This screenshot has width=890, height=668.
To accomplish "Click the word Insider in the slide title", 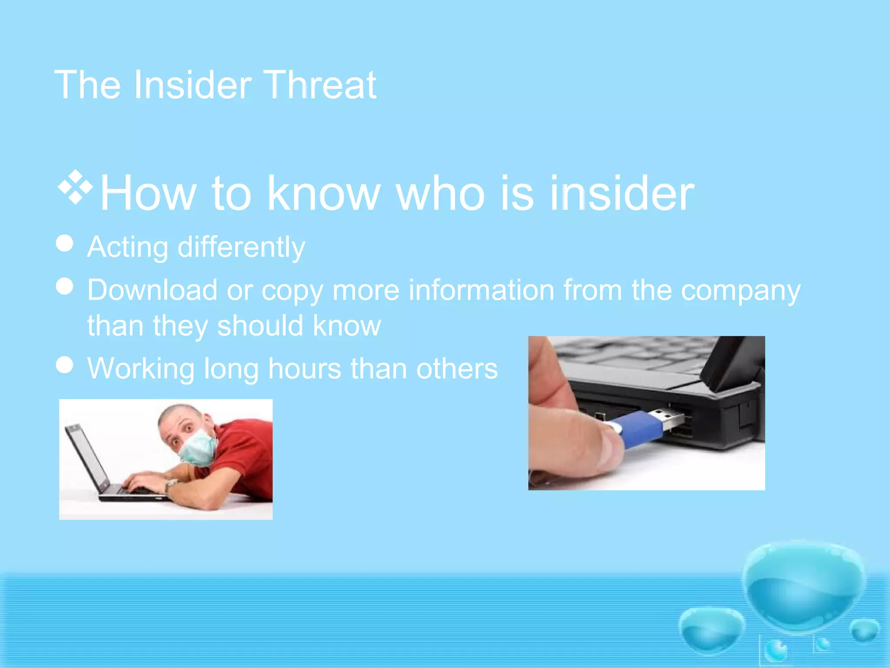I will [192, 85].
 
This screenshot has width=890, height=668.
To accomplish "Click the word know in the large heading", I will [324, 194].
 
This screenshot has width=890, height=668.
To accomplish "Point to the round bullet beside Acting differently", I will [65, 243].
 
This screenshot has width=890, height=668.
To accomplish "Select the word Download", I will [152, 290].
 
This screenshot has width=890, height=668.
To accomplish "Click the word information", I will [481, 290].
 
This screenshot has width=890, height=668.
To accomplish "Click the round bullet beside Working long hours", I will [65, 365].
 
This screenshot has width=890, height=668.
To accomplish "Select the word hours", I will [304, 369].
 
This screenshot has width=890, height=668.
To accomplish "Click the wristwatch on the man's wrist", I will [170, 484].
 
